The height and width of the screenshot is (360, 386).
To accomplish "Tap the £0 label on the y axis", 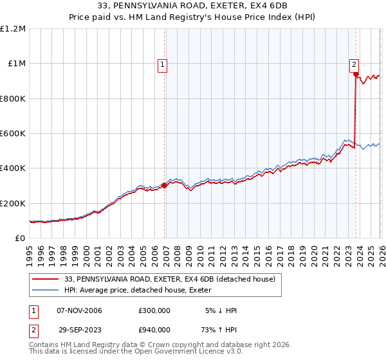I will click(21, 239).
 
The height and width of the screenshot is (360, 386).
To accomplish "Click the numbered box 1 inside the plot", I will click(163, 64).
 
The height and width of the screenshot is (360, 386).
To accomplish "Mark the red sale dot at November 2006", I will click(164, 186).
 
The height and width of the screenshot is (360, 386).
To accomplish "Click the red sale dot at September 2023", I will click(356, 75).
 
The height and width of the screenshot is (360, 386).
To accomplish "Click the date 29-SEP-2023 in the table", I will click(79, 330).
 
